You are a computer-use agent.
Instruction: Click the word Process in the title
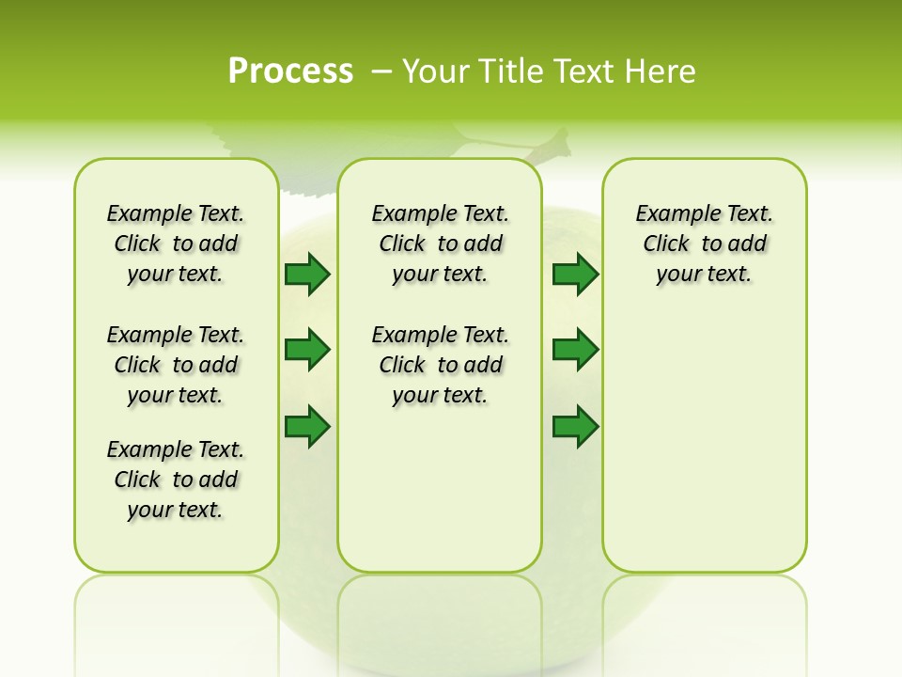click(x=290, y=71)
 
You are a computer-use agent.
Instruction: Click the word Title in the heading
click(x=514, y=71)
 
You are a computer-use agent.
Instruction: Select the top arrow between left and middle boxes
click(x=307, y=274)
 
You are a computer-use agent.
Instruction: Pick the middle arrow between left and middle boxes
click(x=307, y=350)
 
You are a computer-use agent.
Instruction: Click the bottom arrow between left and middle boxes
click(x=307, y=426)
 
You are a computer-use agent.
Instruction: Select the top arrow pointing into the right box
click(x=575, y=274)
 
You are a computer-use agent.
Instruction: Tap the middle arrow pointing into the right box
click(x=575, y=350)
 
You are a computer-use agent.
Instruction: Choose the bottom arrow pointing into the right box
click(x=575, y=426)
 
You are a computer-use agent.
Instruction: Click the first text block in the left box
click(x=176, y=244)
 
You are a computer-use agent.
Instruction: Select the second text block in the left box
click(x=176, y=365)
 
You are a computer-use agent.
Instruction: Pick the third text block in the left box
click(x=176, y=480)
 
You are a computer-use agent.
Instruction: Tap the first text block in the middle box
click(x=440, y=244)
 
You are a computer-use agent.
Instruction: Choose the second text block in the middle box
click(x=440, y=365)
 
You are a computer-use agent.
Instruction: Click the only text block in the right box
click(x=704, y=244)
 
